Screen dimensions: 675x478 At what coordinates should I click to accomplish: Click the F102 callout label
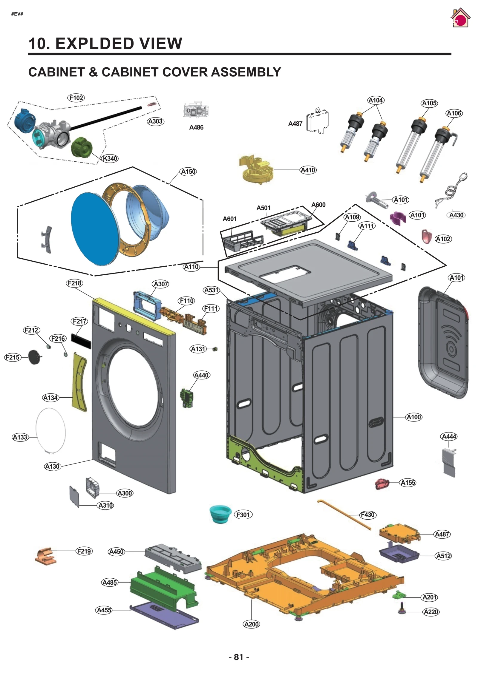point(76,98)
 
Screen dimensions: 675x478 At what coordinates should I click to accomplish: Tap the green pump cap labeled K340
point(82,147)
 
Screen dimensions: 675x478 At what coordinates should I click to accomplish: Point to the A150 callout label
point(188,172)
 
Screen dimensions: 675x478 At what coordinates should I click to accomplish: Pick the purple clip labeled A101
point(398,217)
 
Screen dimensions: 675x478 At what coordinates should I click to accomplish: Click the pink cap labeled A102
point(426,236)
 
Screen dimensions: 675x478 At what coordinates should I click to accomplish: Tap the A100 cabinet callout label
point(414,417)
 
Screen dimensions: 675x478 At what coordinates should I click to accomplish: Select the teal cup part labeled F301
point(220,514)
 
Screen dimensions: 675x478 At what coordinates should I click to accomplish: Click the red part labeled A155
point(382,484)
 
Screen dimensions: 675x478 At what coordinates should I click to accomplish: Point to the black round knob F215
point(34,357)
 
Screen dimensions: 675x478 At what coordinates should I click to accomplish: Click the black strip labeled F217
point(81,341)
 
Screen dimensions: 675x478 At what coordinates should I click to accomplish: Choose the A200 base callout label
point(251,624)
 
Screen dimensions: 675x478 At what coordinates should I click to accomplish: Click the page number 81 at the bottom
point(238,657)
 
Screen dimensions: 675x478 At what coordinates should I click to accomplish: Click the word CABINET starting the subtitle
point(56,72)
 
